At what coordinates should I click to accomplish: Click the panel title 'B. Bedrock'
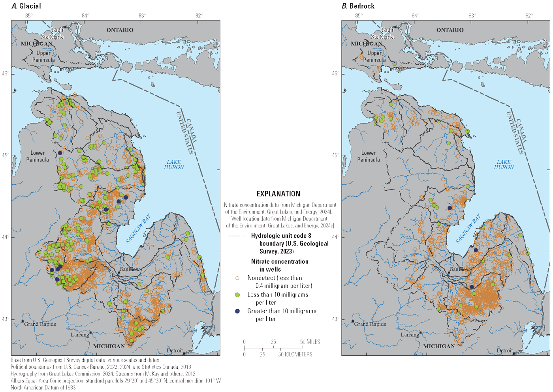coord(358,6)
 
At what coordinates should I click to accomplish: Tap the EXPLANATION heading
coord(278,194)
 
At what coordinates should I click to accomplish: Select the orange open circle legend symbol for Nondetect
coord(237,278)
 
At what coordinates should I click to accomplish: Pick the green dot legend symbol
coord(237,295)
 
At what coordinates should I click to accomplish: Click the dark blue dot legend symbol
coord(237,311)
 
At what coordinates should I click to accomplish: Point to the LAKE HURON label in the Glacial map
coord(174,165)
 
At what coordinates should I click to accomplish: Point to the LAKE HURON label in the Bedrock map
coord(504,165)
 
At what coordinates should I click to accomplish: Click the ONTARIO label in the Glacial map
coord(120,30)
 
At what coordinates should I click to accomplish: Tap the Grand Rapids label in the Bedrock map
coord(370,324)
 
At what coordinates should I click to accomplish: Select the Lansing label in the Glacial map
coord(79,335)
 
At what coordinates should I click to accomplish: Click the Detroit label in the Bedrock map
coord(504,351)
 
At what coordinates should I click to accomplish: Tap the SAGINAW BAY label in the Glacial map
coord(138,229)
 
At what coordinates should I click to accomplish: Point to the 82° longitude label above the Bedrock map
coord(529,15)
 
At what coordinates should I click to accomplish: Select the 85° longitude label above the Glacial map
coord(28,15)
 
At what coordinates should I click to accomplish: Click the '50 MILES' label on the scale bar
coord(310,342)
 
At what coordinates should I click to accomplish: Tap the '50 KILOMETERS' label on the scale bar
coord(295,354)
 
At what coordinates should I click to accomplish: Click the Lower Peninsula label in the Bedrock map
coord(368,156)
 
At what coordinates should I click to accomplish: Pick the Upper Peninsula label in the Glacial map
coord(43,56)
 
